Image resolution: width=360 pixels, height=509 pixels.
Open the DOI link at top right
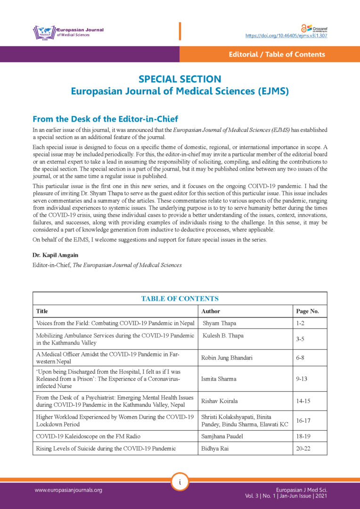(x=286, y=35)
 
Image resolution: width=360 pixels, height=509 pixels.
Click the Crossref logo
(x=313, y=28)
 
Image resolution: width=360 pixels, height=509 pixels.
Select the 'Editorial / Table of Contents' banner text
(x=277, y=54)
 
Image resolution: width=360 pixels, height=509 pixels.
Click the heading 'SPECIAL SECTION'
(x=180, y=79)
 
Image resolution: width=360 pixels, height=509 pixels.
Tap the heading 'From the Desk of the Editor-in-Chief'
(x=105, y=119)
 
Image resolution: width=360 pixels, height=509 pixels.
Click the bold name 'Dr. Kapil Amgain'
(x=56, y=255)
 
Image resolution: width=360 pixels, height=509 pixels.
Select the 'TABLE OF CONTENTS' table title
(x=180, y=298)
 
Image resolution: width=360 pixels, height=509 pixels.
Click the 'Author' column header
(x=211, y=311)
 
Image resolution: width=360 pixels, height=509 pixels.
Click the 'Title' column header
(x=42, y=311)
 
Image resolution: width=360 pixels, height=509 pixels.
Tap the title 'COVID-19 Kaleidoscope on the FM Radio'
(x=88, y=436)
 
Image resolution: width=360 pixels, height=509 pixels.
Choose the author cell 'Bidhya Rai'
(x=215, y=448)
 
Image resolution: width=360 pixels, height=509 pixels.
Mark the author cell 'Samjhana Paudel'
(x=222, y=436)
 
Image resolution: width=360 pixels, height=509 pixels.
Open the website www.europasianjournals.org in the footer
(x=68, y=490)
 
